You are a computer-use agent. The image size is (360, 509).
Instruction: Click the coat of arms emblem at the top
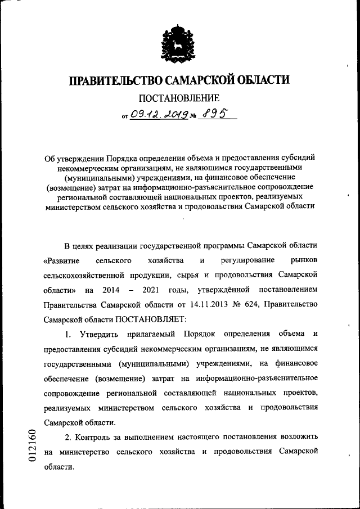coord(179,42)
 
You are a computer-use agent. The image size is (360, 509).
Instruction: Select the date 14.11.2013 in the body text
coord(209,304)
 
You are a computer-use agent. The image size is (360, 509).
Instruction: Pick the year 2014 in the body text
coord(111,290)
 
